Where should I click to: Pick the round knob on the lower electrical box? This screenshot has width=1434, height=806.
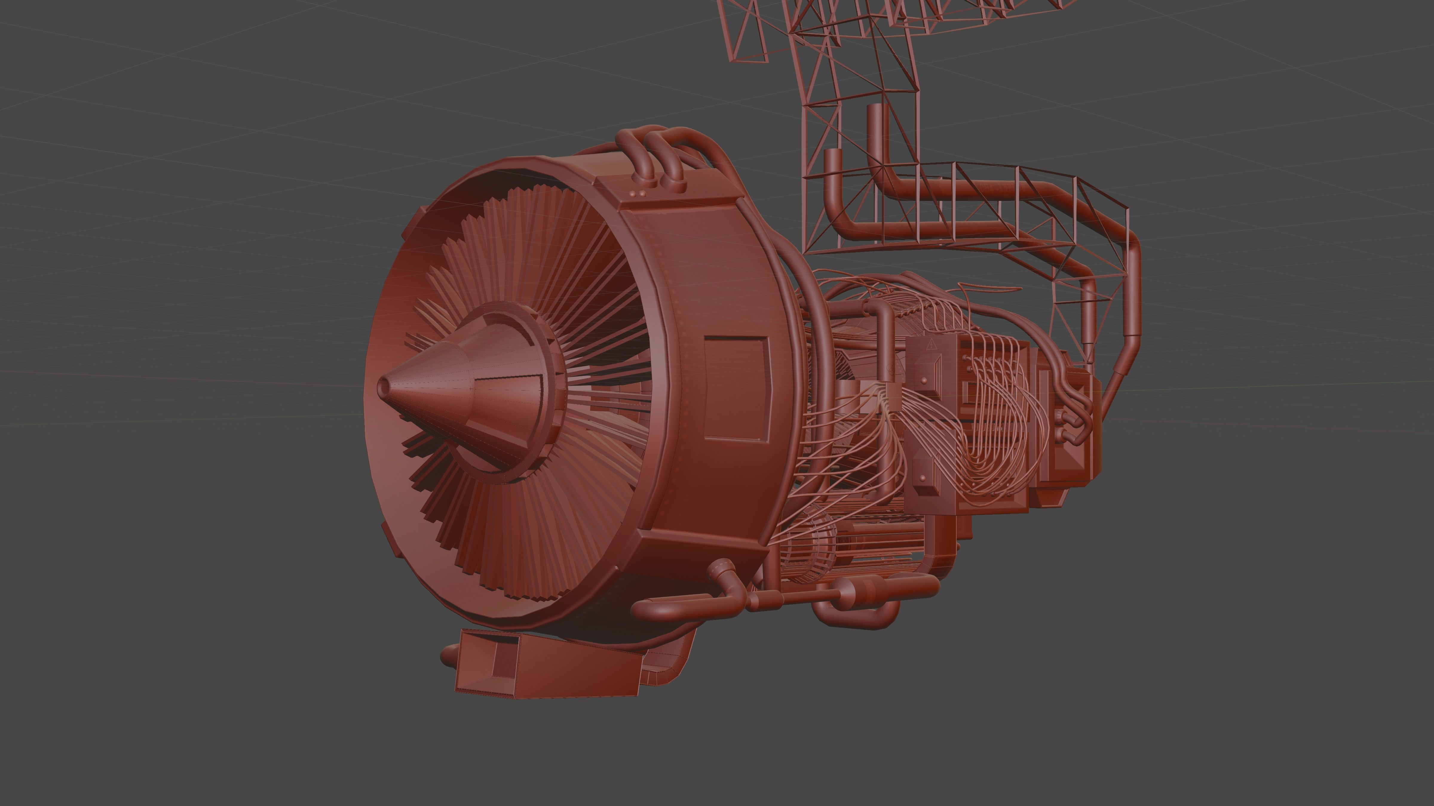pos(921,477)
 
